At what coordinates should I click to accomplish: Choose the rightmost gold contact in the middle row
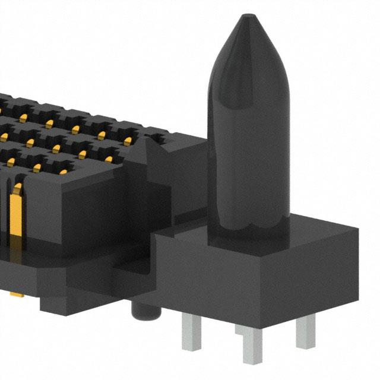pyautogui.click(x=128, y=141)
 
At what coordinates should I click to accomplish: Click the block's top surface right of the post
pyautogui.click(x=321, y=229)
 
